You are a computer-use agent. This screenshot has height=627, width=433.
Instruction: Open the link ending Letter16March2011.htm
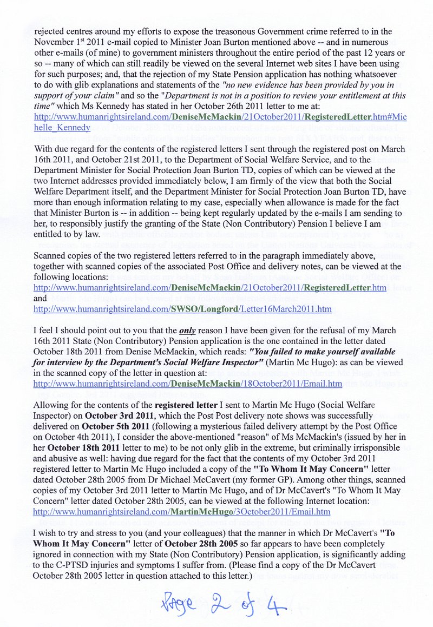coord(182,309)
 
